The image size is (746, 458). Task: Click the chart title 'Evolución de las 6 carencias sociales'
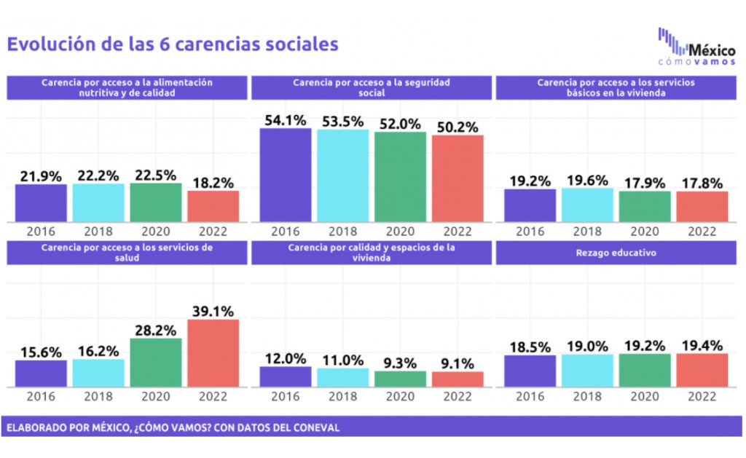click(x=173, y=44)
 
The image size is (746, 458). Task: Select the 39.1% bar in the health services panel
click(x=213, y=353)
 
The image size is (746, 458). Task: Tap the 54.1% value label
click(x=286, y=118)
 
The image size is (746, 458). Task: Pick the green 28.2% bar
click(x=156, y=363)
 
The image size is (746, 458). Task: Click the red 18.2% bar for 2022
click(x=213, y=206)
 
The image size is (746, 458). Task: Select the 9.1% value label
click(x=458, y=361)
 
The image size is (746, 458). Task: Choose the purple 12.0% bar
click(x=286, y=376)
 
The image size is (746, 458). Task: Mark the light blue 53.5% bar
click(x=342, y=175)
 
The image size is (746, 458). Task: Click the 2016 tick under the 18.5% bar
click(x=530, y=397)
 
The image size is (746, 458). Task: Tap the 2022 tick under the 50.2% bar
click(x=458, y=232)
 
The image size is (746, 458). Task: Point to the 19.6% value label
click(x=587, y=177)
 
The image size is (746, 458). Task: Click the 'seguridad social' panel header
click(x=372, y=87)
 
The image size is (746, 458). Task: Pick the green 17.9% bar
click(x=645, y=207)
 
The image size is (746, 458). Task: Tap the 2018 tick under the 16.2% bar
click(x=98, y=397)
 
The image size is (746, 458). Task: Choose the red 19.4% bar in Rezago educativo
click(x=702, y=370)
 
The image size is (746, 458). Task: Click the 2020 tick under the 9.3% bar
click(x=400, y=397)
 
